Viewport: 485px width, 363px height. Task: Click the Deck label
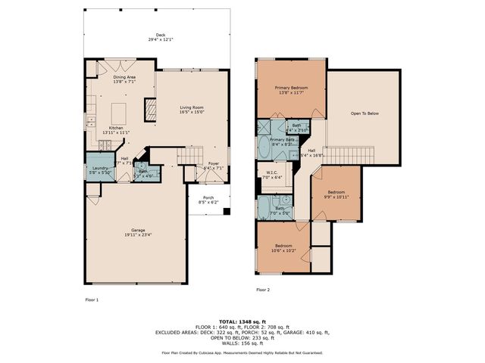pyautogui.click(x=160, y=35)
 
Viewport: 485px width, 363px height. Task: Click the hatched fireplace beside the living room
pyautogui.click(x=150, y=112)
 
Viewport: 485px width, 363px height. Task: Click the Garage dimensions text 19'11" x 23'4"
pyautogui.click(x=136, y=234)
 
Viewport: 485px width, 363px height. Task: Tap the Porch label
pyautogui.click(x=208, y=198)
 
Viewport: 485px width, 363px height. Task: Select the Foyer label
pyautogui.click(x=214, y=164)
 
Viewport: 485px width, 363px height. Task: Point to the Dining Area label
pyautogui.click(x=124, y=77)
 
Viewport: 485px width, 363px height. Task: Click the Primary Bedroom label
pyautogui.click(x=290, y=88)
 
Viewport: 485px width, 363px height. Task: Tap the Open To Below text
pyautogui.click(x=364, y=113)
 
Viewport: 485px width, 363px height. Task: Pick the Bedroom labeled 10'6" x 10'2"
pyautogui.click(x=284, y=247)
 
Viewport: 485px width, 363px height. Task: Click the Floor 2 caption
pyautogui.click(x=263, y=290)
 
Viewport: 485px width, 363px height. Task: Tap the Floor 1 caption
pyautogui.click(x=92, y=299)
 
